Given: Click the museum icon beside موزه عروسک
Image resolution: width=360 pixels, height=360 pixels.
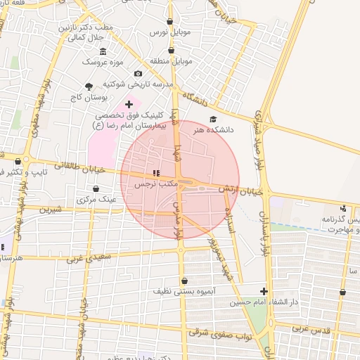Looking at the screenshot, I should tap(103, 51).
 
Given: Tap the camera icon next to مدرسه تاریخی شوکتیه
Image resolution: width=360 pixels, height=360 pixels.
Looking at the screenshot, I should tap(138, 74).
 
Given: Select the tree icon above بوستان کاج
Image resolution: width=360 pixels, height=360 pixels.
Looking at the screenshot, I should tap(88, 86).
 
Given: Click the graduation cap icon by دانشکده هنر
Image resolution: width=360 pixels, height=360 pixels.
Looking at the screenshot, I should tap(213, 119).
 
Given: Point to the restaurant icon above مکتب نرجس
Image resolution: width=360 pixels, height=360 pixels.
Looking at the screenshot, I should tap(156, 173).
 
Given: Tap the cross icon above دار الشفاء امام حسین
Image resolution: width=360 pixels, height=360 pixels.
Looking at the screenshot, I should tap(264, 291).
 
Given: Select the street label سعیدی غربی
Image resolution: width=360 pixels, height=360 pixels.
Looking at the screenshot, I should tap(89, 258).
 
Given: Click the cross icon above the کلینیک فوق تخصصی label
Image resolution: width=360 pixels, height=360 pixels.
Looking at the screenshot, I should tap(128, 104).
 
